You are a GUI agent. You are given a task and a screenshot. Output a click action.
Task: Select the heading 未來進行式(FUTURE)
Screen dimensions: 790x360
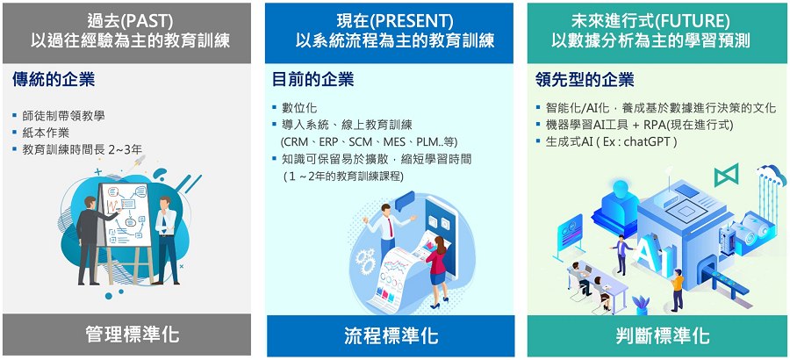coord(650,21)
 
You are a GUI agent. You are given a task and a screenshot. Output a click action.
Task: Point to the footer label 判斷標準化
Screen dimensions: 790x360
coord(663,335)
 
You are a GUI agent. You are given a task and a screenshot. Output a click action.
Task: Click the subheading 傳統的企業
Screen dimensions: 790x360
coord(54,79)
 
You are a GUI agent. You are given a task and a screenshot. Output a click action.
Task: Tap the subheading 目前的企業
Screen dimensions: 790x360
coord(312,79)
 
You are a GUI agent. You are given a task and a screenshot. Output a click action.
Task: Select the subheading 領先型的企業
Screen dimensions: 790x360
coord(585,79)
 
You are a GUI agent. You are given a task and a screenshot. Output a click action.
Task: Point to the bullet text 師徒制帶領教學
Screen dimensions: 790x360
coord(63,115)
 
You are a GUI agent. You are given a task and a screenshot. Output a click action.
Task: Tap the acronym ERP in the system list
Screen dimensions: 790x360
coord(328,142)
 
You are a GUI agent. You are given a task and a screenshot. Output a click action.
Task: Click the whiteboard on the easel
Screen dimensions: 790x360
coord(126,214)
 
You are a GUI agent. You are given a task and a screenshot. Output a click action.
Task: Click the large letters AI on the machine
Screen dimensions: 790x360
coord(648,254)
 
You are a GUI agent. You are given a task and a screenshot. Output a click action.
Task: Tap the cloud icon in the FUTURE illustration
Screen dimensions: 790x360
coord(772,175)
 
